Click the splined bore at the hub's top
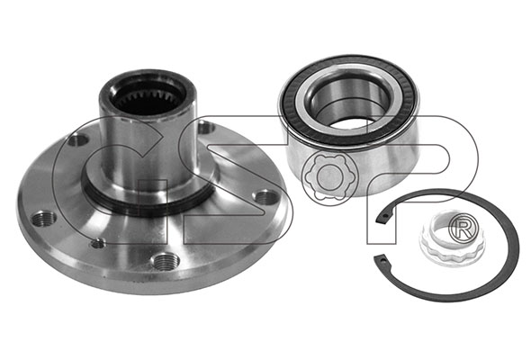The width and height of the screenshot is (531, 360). [148, 95]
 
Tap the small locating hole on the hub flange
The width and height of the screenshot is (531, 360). [98, 243]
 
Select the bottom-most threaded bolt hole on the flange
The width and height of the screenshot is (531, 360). [164, 261]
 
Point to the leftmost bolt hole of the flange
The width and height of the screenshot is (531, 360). [43, 220]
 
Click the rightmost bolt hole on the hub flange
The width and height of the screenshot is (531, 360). [265, 197]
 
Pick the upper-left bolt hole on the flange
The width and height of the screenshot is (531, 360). [77, 139]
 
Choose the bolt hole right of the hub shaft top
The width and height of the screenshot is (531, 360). [205, 129]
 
